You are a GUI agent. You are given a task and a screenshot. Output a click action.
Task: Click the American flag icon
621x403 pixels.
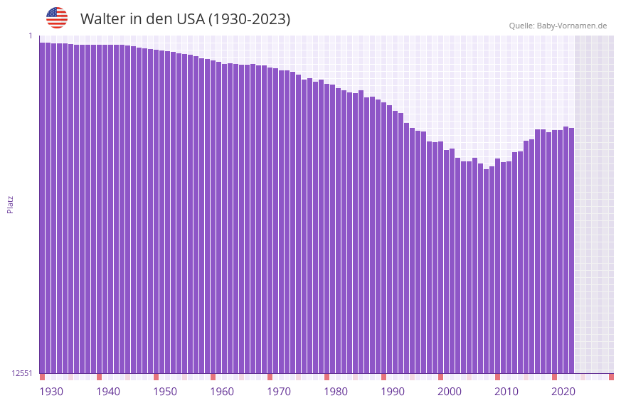pos(57,18)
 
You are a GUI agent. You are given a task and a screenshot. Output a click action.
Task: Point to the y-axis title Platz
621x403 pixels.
pos(10,204)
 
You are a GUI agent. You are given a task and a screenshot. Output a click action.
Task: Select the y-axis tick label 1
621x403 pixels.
pos(31,36)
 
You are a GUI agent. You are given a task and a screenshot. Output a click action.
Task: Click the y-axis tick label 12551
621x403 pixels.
pos(21,373)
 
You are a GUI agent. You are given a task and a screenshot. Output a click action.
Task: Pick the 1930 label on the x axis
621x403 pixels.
pos(51,392)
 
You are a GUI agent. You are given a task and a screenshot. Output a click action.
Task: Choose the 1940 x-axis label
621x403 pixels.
pos(108,392)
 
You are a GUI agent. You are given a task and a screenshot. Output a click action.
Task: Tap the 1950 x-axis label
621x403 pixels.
pos(165,392)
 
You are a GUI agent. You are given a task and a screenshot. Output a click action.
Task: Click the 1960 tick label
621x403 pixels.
pos(222,392)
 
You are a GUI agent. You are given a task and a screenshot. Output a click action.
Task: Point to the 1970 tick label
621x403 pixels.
pos(279,392)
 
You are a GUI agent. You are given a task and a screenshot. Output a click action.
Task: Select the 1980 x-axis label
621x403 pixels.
pos(336,392)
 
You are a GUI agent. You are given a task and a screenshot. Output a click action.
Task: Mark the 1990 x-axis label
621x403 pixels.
pos(393,392)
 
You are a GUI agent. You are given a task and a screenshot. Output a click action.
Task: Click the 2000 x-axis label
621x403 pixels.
pos(450,392)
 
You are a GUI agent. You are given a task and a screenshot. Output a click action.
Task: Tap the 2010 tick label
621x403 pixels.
pos(506,392)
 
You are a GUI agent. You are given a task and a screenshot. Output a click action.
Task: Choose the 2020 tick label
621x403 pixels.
pos(563,392)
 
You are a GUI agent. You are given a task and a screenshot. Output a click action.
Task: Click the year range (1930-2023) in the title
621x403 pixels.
pos(249,19)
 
